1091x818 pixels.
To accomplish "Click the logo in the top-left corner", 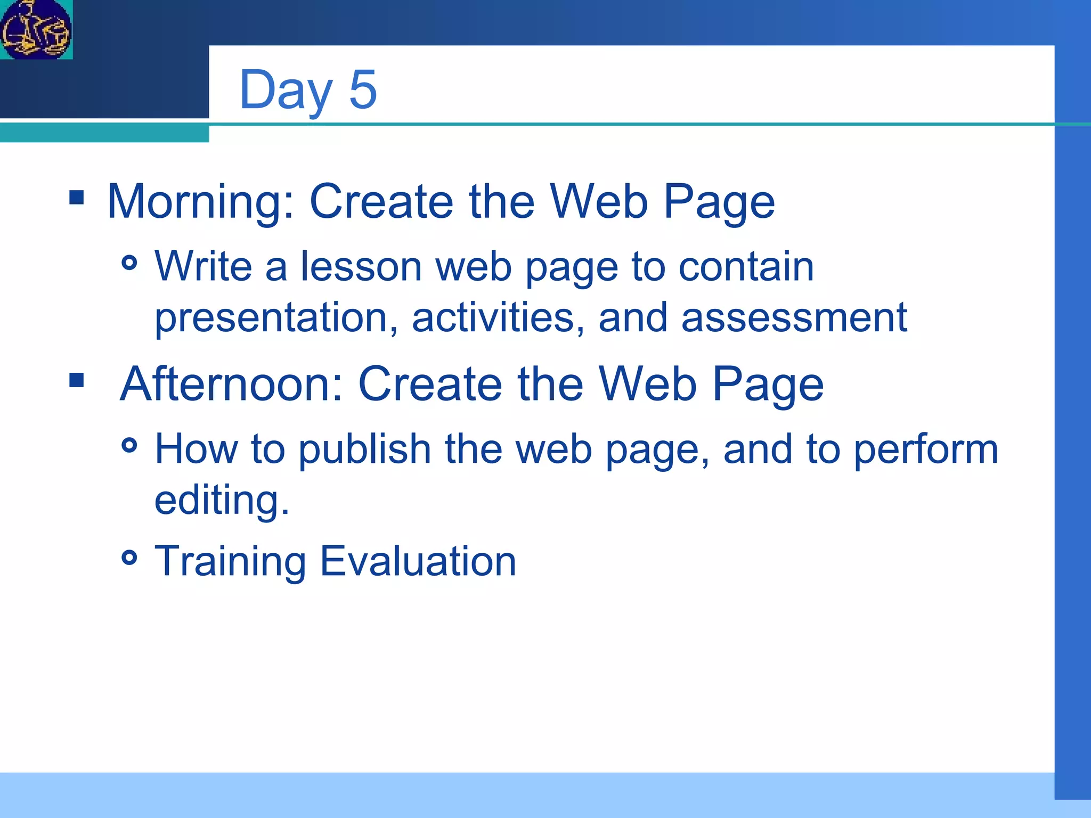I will [x=36, y=29].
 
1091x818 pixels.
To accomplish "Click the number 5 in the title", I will [x=363, y=89].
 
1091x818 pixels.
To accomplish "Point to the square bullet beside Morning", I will [x=77, y=198].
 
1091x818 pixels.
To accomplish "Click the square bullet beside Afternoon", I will [x=77, y=380].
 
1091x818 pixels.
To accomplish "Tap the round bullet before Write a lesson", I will [x=129, y=263].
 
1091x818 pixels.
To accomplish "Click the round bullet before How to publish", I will [x=129, y=445].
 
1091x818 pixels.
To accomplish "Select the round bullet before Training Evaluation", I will [x=129, y=558].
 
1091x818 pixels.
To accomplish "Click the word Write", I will [x=203, y=266].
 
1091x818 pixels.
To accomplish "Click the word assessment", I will [x=794, y=317].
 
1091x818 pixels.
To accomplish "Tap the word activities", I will [x=498, y=317].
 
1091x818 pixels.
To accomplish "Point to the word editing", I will [x=221, y=501].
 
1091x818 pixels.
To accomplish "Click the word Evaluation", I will [x=418, y=561].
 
